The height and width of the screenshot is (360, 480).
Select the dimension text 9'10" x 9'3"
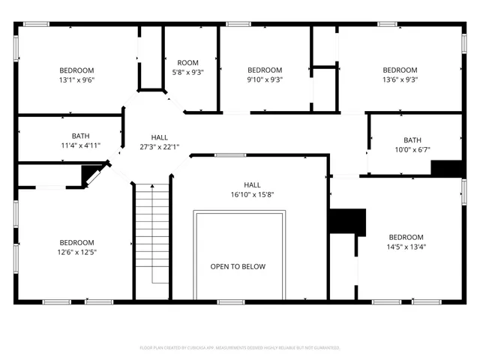(265, 79)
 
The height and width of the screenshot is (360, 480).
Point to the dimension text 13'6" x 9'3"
(400, 79)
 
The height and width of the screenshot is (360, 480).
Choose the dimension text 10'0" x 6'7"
(412, 150)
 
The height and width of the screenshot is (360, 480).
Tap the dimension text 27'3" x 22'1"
(159, 147)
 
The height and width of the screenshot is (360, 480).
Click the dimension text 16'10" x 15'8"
(252, 194)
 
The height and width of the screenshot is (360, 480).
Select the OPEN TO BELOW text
(238, 267)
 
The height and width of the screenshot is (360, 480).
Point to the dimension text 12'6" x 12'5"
(77, 252)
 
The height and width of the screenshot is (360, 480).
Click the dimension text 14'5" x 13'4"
(406, 247)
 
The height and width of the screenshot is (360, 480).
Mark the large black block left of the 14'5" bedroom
(346, 222)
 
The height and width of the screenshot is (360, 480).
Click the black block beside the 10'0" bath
(449, 169)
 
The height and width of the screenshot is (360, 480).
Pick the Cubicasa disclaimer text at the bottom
(240, 348)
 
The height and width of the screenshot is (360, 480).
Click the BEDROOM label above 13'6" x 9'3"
(400, 70)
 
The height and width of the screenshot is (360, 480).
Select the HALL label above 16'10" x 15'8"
(252, 184)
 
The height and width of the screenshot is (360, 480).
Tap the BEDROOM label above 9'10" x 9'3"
(265, 70)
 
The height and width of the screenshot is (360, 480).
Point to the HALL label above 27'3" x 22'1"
(159, 137)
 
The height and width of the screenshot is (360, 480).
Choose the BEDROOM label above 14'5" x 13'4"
(406, 237)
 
